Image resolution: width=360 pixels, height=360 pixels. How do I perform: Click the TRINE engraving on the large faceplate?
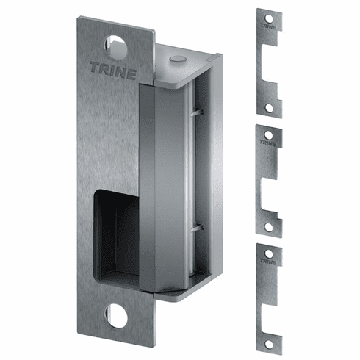point(113,68)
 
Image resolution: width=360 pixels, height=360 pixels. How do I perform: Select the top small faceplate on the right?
point(269,63)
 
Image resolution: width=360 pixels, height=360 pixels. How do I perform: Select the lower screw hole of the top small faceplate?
point(269,107)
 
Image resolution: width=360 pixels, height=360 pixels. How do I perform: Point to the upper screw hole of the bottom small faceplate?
point(269,251)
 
